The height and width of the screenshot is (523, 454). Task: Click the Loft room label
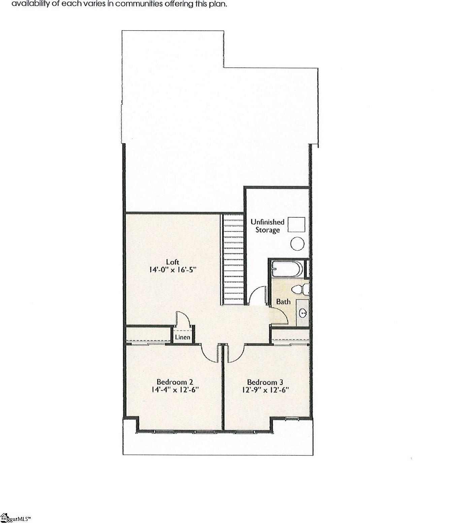coord(172,262)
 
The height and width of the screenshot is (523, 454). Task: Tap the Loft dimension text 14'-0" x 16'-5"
coord(172,270)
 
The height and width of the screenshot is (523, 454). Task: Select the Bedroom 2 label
coord(174,382)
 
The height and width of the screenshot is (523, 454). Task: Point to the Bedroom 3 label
coord(265,382)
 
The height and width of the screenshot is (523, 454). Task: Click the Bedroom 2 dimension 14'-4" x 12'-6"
coord(174,390)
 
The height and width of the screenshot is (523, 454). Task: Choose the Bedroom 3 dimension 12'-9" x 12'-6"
coord(265,390)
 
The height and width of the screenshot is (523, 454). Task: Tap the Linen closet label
coord(183,337)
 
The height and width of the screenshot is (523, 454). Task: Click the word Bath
coord(283,302)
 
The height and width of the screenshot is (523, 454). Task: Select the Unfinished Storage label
coord(267,226)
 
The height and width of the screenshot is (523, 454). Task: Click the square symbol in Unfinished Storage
coord(297,225)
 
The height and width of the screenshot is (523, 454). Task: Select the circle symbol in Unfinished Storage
coord(297,243)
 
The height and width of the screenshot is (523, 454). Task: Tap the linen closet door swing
coord(182,318)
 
